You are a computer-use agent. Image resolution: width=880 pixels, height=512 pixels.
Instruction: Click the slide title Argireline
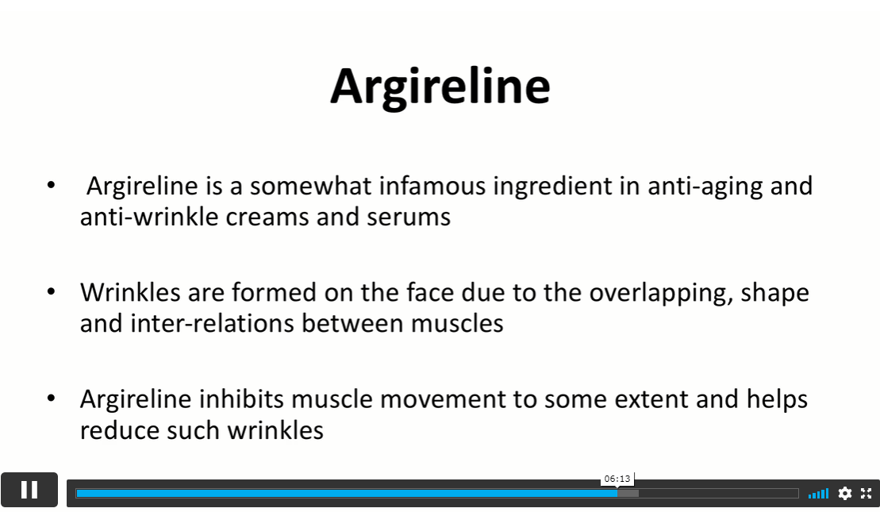(440, 87)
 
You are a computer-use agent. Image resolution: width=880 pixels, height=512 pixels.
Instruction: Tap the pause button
(29, 490)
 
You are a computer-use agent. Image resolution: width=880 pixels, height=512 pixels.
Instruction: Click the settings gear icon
(844, 494)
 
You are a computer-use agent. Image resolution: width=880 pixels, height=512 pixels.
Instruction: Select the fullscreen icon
(866, 494)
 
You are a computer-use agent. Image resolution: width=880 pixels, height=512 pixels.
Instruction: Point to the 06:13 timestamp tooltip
(617, 479)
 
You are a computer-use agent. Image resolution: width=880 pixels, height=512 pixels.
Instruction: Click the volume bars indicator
(818, 494)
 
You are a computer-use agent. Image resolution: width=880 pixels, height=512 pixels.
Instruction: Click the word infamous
(432, 186)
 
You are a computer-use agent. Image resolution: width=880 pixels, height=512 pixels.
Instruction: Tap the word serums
(409, 218)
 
